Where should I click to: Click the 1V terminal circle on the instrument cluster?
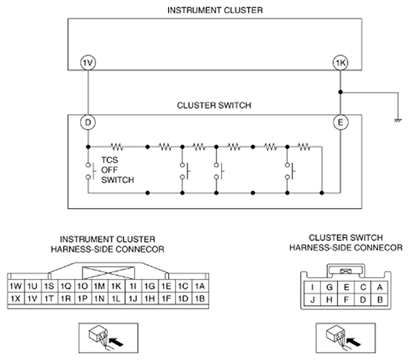[88, 62]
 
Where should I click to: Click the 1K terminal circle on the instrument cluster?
[341, 62]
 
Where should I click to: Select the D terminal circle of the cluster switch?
[88, 122]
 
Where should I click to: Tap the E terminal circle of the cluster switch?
[341, 122]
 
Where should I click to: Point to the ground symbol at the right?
[397, 120]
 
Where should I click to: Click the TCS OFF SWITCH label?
[118, 170]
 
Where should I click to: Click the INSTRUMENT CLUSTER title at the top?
[215, 10]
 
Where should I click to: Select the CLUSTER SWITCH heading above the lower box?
[214, 106]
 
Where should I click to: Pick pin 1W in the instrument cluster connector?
[16, 286]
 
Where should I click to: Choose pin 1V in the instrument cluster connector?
[33, 298]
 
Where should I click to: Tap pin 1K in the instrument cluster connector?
[116, 286]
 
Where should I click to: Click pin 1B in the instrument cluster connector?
[200, 298]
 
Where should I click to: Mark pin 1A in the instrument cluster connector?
[200, 286]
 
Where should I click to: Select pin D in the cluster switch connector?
[363, 300]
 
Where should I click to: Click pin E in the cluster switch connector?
[346, 287]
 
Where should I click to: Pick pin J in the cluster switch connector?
[313, 300]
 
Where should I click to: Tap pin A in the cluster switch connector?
[379, 287]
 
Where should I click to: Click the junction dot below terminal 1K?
[341, 92]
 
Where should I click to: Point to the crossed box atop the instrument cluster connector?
[109, 273]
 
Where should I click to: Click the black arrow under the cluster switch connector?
[353, 341]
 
